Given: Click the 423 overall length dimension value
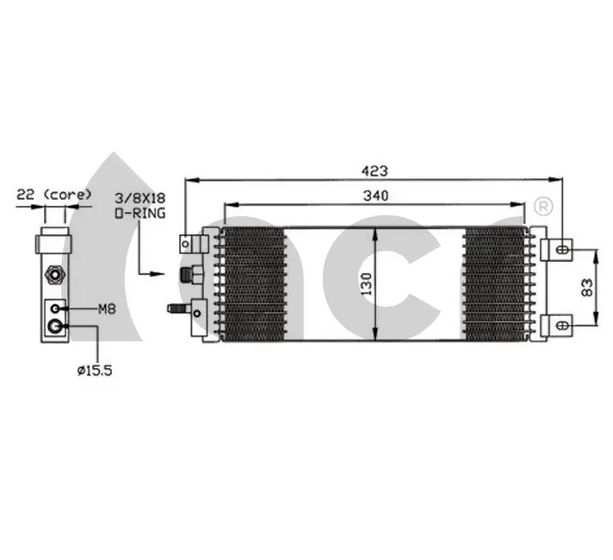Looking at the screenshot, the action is pos(375,171).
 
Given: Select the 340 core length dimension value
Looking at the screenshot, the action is pos(375,196).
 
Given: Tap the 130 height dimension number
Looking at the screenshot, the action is pos(366,284).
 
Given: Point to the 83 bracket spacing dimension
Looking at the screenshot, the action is pos(587,287).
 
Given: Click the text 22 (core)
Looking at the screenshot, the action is pos(54,195).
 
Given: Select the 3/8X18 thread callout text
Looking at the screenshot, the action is pos(140,197).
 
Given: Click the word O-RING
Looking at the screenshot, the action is pos(140,214).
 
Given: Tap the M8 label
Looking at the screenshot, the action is pos(107,309).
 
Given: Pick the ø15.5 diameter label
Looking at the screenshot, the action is pos(95,370).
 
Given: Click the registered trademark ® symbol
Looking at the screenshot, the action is pos(543,206).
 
